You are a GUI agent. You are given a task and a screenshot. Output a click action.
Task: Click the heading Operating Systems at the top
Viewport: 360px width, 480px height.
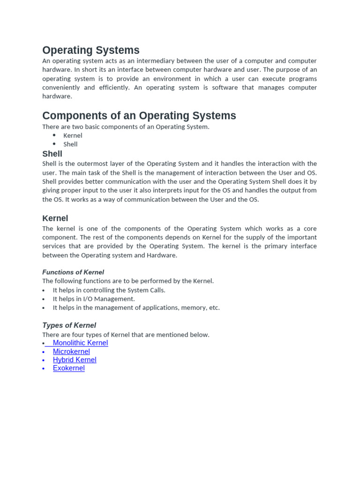(x=90, y=50)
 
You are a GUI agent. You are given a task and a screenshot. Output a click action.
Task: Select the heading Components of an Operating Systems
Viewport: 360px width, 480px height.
(x=139, y=115)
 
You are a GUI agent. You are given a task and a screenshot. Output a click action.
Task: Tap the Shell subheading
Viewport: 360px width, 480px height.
(x=52, y=154)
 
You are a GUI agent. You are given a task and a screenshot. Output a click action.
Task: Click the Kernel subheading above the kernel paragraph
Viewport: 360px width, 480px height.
(x=55, y=218)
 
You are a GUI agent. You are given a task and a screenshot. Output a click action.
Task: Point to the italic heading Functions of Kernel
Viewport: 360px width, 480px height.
(x=73, y=272)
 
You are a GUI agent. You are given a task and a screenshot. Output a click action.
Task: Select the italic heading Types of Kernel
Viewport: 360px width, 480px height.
(x=69, y=325)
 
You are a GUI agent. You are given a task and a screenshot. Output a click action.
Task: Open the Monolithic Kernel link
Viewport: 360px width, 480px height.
(x=80, y=343)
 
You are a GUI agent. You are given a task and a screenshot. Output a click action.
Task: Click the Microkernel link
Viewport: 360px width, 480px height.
(x=71, y=352)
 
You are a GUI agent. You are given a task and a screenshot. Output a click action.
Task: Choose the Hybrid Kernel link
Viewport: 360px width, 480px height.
(x=75, y=360)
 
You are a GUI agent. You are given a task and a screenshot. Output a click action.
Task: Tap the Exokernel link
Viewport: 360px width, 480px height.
(x=68, y=368)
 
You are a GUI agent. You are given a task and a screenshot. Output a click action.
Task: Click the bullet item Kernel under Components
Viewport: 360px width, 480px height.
(x=73, y=135)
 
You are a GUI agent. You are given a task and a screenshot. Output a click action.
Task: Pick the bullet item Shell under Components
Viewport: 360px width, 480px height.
(x=70, y=144)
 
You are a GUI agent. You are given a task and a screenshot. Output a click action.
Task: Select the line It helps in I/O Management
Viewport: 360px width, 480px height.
(x=93, y=299)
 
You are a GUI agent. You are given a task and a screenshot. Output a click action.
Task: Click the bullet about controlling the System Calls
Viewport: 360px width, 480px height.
(x=109, y=290)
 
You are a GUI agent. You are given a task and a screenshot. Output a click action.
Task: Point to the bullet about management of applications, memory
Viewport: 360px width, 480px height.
(x=136, y=308)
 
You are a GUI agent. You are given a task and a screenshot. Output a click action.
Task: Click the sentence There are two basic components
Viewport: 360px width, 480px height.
(x=126, y=127)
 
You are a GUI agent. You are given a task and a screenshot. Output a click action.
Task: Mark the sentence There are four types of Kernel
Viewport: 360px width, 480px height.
(x=126, y=335)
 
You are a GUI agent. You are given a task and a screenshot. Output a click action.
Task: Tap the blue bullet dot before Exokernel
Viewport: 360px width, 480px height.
(x=44, y=369)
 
